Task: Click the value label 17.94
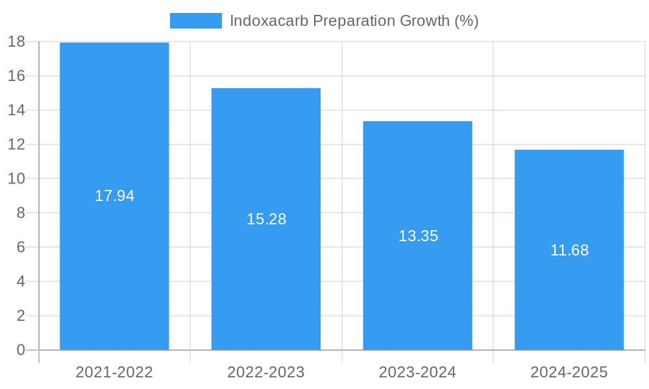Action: (x=114, y=196)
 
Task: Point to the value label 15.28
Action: (x=266, y=219)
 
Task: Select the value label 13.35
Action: (x=418, y=236)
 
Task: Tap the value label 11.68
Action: (x=569, y=250)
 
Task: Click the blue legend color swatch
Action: (x=195, y=21)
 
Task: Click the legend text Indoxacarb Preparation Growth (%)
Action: (x=354, y=21)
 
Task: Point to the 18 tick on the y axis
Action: (x=16, y=41)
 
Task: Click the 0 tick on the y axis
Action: (x=20, y=350)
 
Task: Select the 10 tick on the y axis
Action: (x=16, y=179)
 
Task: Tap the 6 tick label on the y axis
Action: (x=20, y=247)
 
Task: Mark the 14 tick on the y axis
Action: (x=16, y=110)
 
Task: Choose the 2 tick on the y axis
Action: (x=20, y=316)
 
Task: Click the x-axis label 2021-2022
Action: (x=114, y=372)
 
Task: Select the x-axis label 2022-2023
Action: (x=266, y=372)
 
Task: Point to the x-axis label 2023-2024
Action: (x=417, y=372)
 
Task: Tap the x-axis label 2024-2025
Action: (x=569, y=372)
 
